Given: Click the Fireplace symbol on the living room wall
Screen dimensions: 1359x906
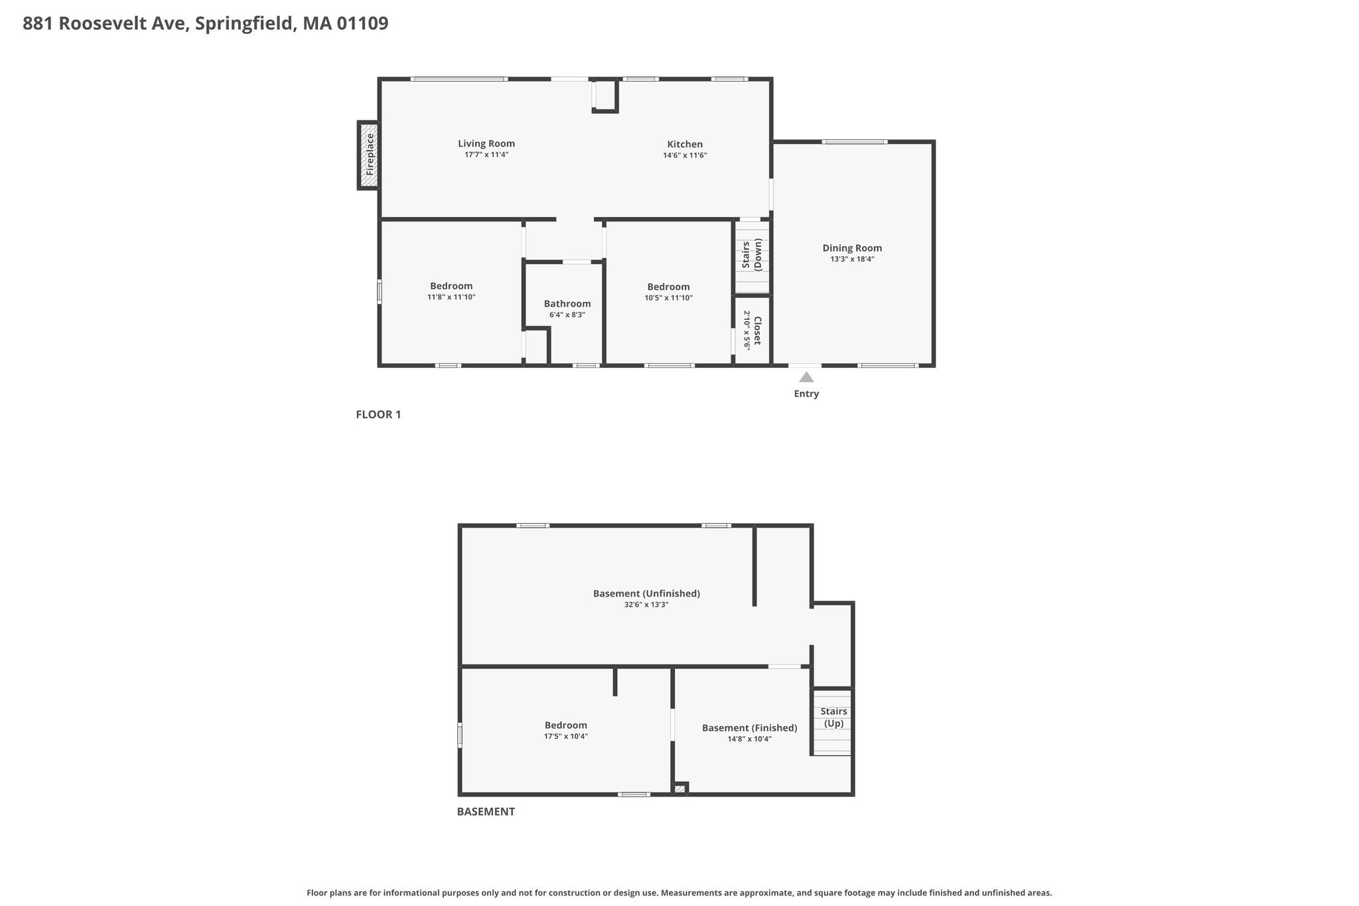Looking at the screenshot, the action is click(369, 155).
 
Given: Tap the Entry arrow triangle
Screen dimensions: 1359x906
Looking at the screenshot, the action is click(806, 377).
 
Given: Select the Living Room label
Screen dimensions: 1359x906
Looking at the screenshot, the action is click(486, 143).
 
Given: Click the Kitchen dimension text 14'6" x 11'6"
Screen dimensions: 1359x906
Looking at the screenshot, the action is click(685, 155).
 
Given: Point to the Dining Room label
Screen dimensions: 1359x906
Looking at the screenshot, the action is click(852, 248).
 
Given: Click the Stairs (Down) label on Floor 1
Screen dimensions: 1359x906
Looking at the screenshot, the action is click(752, 255).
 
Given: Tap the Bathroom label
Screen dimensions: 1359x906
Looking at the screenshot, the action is click(567, 304).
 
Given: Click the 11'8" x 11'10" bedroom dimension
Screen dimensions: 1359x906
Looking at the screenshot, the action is click(451, 297).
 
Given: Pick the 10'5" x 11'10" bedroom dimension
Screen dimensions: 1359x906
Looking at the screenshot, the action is click(669, 298).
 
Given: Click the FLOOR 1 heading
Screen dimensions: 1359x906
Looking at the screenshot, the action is click(378, 415).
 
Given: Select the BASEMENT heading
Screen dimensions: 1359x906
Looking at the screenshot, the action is click(486, 811).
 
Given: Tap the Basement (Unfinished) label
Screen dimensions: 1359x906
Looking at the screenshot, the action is click(646, 593).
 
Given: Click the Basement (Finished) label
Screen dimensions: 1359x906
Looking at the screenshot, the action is click(750, 728).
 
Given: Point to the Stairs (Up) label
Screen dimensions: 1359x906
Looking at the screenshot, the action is click(833, 717).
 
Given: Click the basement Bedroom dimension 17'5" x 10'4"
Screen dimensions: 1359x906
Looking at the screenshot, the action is click(566, 736).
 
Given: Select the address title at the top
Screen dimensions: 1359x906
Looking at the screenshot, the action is click(206, 24).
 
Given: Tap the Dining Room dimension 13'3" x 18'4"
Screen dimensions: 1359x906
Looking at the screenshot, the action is click(852, 260).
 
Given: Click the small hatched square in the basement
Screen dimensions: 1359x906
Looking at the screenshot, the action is click(679, 789).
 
